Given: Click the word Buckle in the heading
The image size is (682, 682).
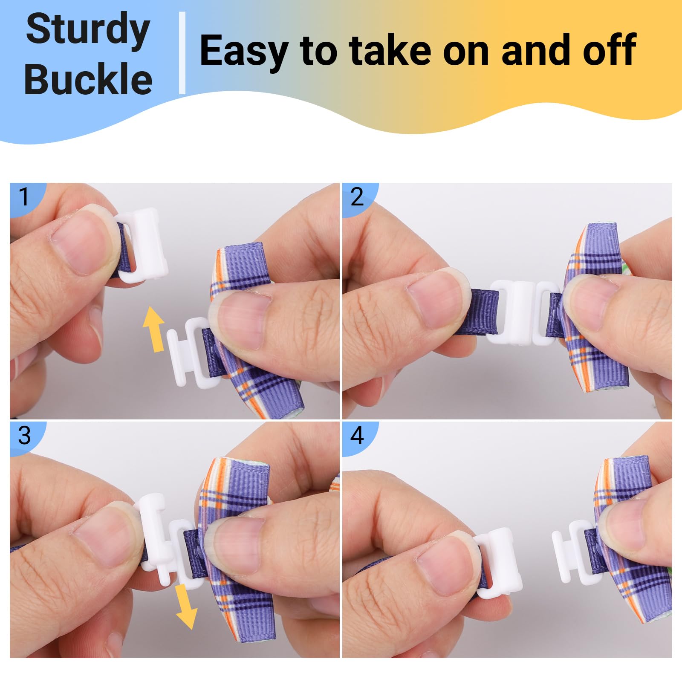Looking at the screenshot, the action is (88, 79).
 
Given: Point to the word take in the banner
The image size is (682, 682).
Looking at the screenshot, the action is (390, 49).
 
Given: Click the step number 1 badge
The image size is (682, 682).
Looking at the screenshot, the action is (24, 197).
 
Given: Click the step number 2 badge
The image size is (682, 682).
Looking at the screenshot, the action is (357, 197).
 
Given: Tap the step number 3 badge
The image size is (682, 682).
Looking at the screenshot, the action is (24, 435).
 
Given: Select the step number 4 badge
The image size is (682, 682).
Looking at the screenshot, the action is (357, 435).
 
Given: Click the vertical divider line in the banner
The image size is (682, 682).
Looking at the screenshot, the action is (182, 53).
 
